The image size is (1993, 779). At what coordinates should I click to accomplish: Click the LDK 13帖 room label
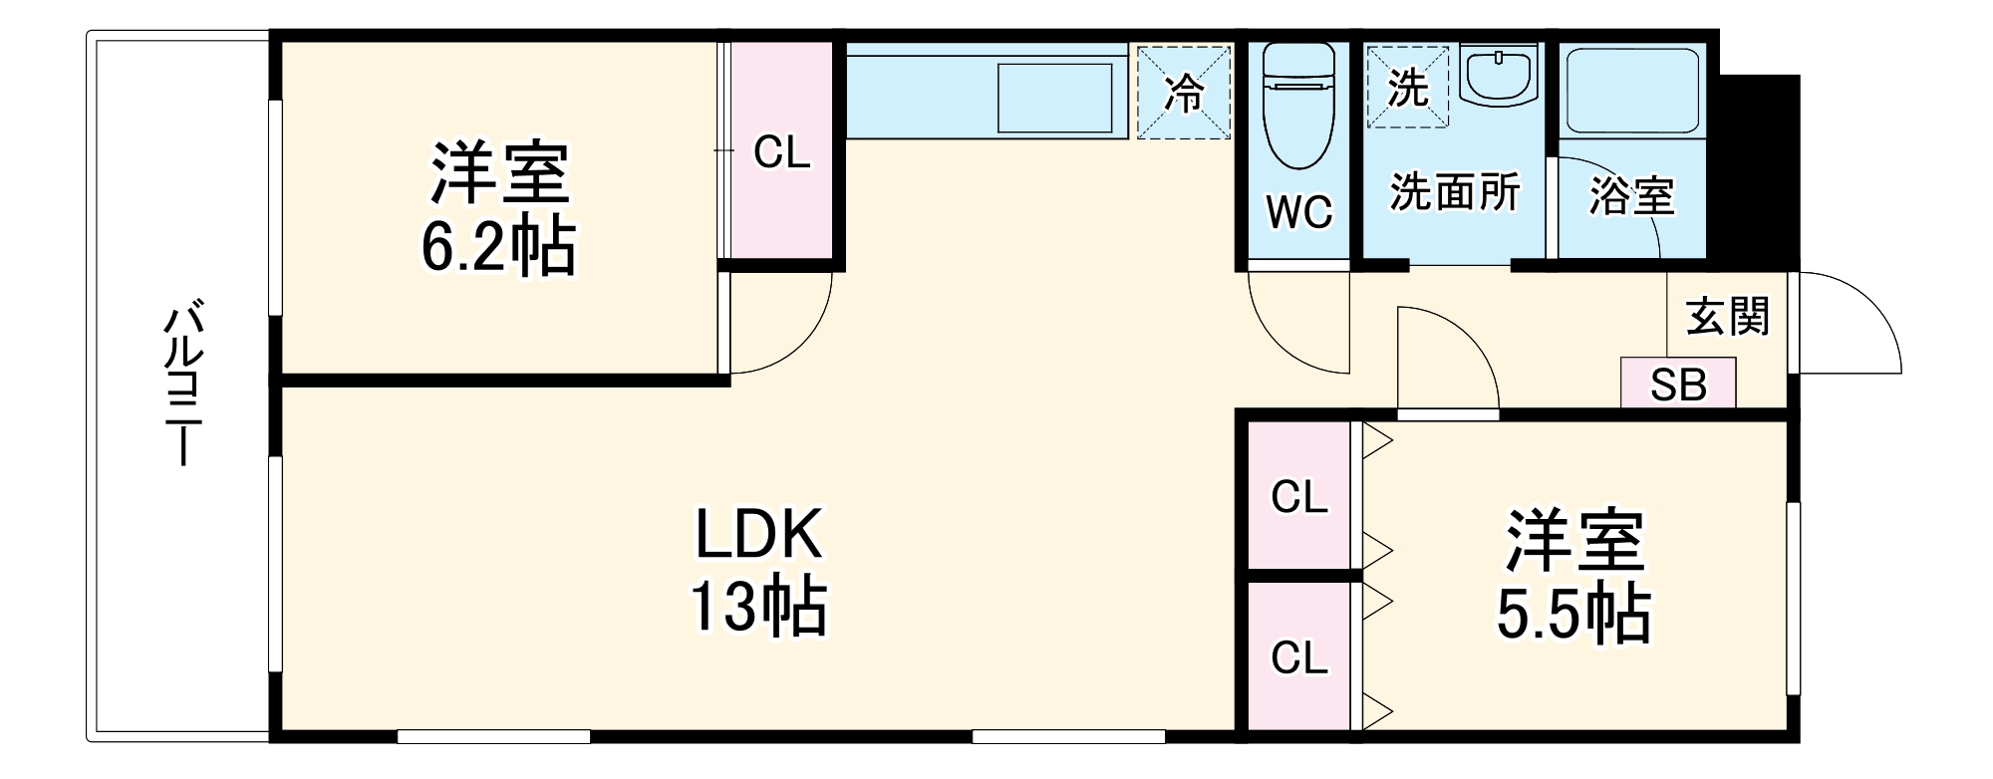pos(758,571)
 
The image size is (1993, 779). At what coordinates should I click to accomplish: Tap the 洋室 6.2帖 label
pos(498,210)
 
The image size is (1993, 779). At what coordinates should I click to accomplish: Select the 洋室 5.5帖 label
pos(1573,577)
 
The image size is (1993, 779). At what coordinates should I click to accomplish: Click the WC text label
pos(1299,211)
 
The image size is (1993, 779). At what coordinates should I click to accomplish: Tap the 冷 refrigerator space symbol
pos(1185,93)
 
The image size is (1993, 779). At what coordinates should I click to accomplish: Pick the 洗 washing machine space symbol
pos(1408,88)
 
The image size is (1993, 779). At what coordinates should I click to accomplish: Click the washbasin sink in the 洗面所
pos(1498,75)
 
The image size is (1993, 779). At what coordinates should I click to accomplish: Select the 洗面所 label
pos(1455,192)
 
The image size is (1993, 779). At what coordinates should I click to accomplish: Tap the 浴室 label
pos(1631,195)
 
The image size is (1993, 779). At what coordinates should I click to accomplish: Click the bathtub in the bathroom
pos(1632,91)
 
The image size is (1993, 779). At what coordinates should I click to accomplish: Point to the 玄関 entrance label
pos(1728,317)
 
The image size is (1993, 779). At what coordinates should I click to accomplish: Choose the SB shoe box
pos(1678,385)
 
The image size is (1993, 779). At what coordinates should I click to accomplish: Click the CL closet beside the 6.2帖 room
pos(782,153)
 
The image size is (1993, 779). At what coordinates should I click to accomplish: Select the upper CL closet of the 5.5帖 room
pos(1299,496)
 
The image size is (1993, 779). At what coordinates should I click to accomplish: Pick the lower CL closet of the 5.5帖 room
pos(1299,657)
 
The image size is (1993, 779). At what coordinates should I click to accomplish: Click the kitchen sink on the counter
pos(1055,98)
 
